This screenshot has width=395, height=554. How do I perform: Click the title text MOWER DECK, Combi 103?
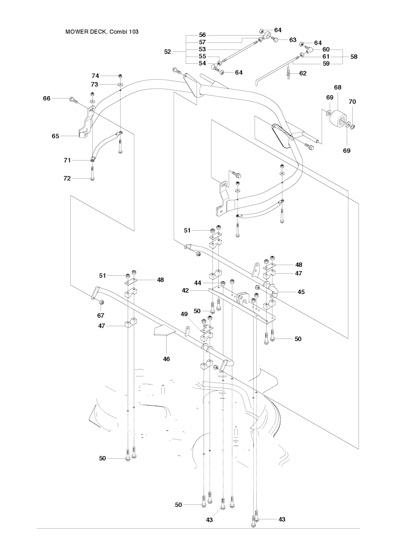tap(102, 32)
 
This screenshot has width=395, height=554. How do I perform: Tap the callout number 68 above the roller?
tap(338, 88)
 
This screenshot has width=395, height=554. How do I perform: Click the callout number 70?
tap(352, 102)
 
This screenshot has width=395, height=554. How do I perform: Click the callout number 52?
tap(167, 52)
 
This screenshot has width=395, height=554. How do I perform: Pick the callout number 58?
tap(354, 57)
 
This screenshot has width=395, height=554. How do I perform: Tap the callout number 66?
tap(47, 99)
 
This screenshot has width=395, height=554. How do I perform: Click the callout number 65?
tap(56, 136)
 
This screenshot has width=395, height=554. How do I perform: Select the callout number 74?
tap(95, 76)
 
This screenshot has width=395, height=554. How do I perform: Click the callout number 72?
tap(67, 178)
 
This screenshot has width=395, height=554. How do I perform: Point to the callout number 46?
tap(166, 359)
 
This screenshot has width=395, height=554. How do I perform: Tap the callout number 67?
tap(101, 315)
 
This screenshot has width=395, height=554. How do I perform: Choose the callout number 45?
tap(301, 292)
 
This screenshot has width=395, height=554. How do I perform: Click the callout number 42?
tap(185, 290)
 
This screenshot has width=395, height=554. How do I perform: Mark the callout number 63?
tap(293, 40)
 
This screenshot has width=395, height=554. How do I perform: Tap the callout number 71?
tap(67, 160)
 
